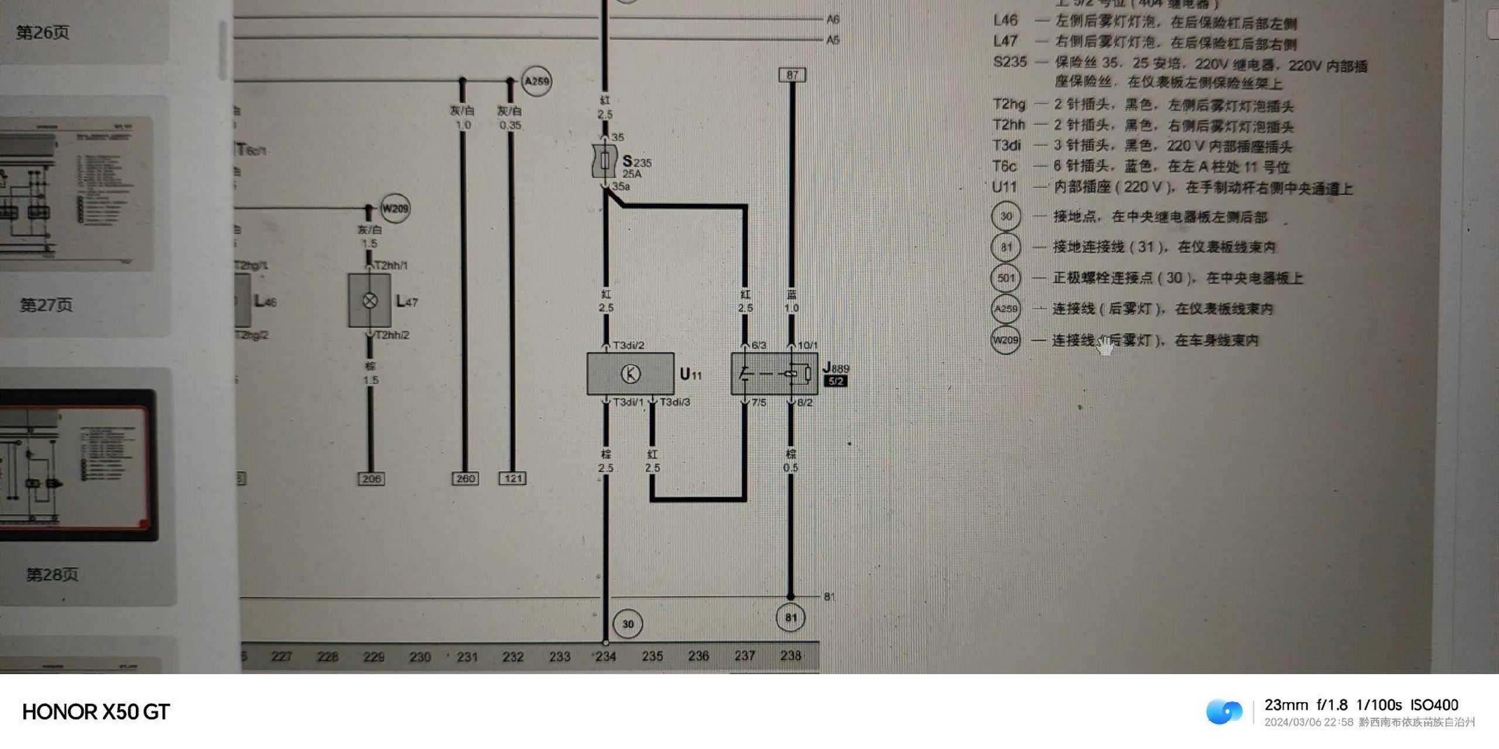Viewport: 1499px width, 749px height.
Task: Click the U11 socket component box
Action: [630, 373]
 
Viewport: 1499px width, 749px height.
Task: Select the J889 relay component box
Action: [774, 373]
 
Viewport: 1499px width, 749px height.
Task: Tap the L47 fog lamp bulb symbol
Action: [369, 301]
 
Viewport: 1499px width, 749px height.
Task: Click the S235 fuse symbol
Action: [605, 161]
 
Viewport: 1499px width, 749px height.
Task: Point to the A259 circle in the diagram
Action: [536, 81]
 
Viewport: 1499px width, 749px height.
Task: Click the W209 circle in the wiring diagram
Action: [395, 208]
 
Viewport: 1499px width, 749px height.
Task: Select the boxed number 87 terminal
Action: [792, 75]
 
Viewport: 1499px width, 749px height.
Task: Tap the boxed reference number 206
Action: [371, 479]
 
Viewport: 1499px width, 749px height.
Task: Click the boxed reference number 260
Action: [466, 479]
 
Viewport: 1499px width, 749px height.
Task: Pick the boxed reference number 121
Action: [512, 479]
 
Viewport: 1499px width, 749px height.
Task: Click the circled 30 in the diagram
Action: [628, 624]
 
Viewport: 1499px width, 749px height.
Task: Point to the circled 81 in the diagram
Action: [790, 617]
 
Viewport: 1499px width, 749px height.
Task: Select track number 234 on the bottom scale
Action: [605, 657]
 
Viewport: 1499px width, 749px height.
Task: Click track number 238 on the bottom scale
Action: [790, 655]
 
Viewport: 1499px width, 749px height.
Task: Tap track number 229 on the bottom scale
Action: [374, 657]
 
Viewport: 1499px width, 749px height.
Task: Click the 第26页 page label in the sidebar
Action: [43, 32]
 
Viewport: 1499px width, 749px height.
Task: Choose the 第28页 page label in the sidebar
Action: [52, 574]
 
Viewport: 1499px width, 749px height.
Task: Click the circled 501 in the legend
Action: [1005, 278]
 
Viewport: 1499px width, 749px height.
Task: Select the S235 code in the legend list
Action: [1009, 61]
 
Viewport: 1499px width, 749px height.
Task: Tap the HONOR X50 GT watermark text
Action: [96, 712]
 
